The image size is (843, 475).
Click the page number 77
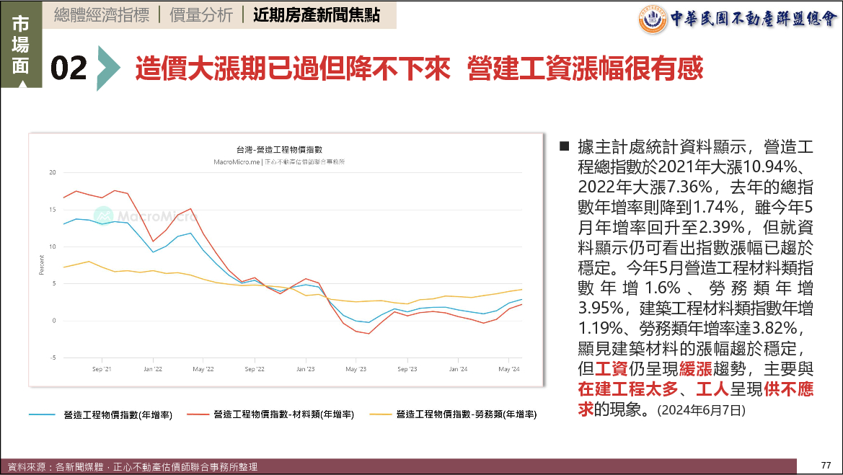coord(826,463)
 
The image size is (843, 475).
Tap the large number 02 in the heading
coord(69,68)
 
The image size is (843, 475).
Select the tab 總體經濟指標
coord(101,15)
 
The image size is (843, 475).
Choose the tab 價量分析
coord(201,15)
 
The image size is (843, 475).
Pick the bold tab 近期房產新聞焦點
coord(317,15)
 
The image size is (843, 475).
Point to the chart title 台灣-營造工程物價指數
coord(279,149)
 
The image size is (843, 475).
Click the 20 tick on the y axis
coord(52,172)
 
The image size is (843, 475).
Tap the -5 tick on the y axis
coord(52,358)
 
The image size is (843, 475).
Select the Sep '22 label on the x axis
coord(255,369)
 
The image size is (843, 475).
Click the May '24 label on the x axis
coord(510,369)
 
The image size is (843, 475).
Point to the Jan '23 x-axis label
coord(305,369)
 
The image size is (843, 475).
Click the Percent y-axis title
coord(41,265)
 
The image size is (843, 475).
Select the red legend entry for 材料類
coord(283,414)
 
